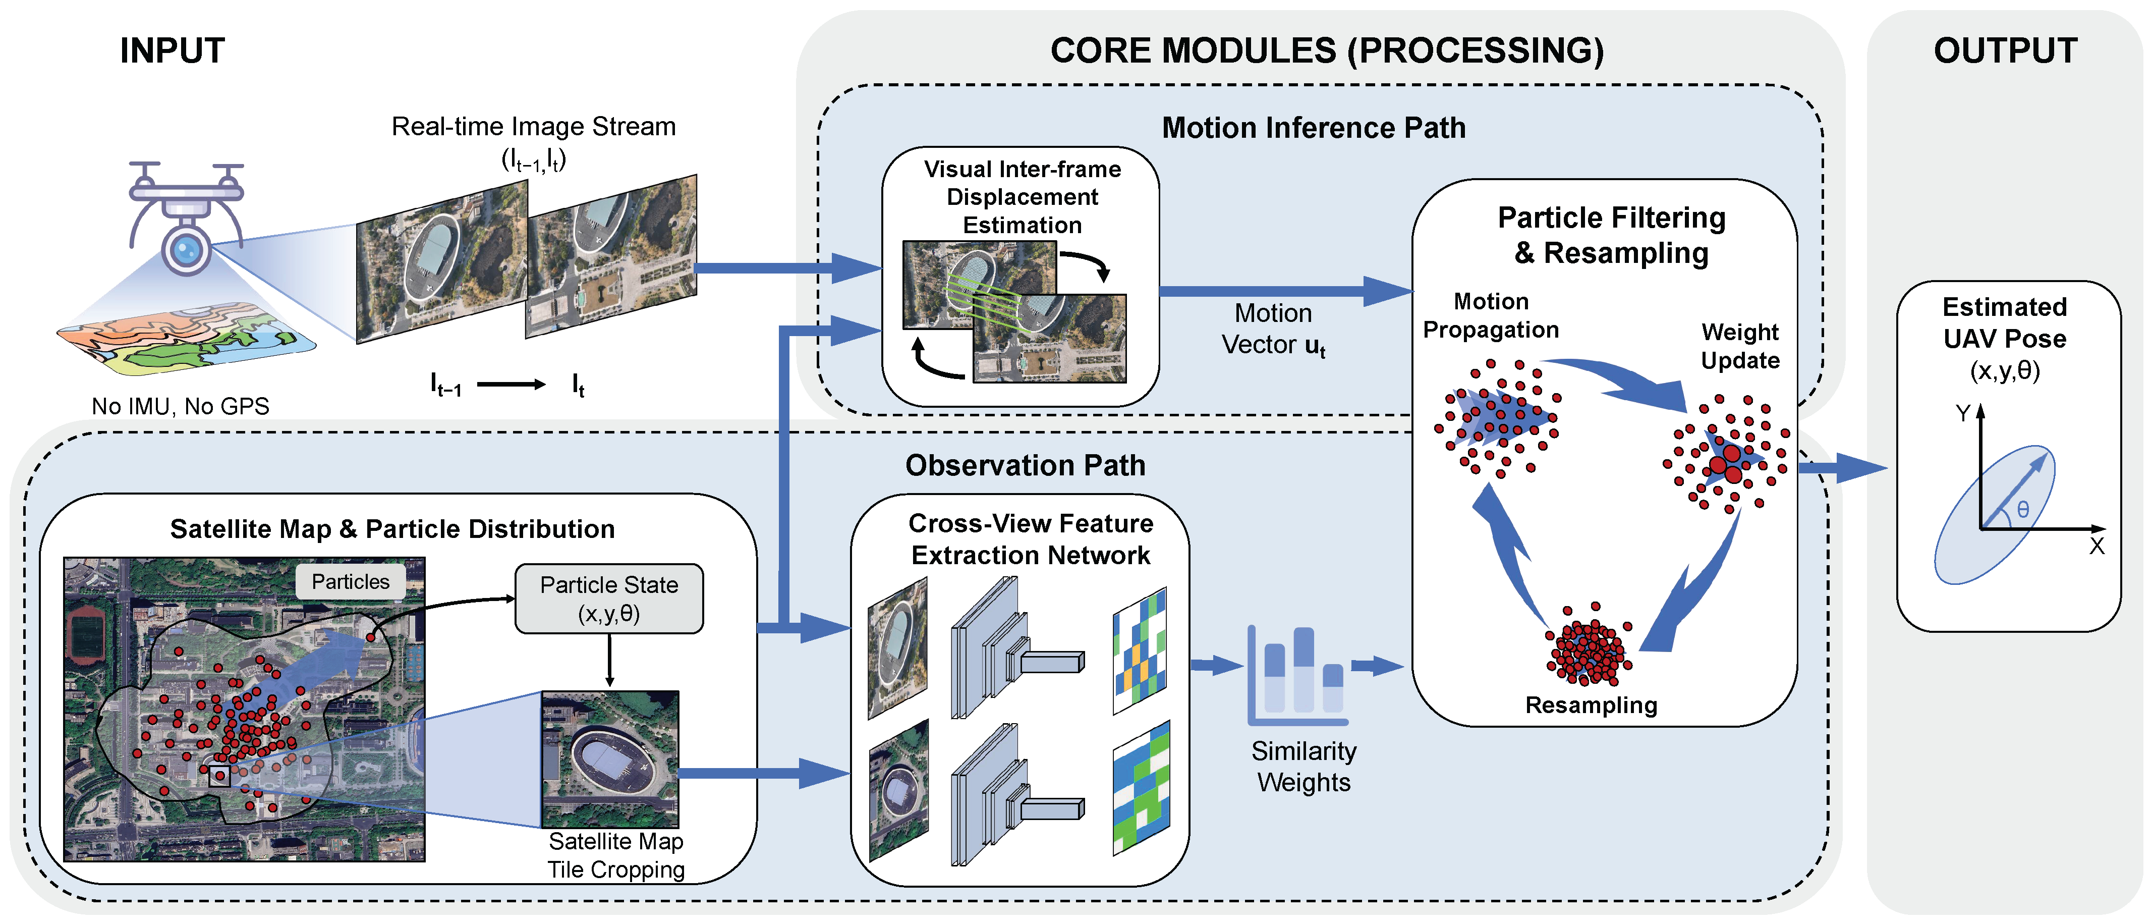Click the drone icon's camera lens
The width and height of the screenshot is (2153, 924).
point(186,248)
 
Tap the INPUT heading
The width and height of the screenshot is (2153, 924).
point(172,50)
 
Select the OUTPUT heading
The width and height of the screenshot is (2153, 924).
point(2005,50)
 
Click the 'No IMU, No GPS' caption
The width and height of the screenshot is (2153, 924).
point(181,406)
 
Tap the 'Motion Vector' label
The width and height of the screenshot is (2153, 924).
point(1273,329)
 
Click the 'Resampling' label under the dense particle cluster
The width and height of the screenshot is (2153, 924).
point(1591,705)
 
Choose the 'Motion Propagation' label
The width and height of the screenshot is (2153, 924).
point(1491,315)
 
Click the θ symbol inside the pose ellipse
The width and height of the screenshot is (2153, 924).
point(2023,509)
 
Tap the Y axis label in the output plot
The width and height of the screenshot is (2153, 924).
point(1963,413)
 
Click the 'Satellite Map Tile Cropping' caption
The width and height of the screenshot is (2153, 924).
point(616,855)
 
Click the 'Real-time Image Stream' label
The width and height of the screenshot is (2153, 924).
point(533,126)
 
